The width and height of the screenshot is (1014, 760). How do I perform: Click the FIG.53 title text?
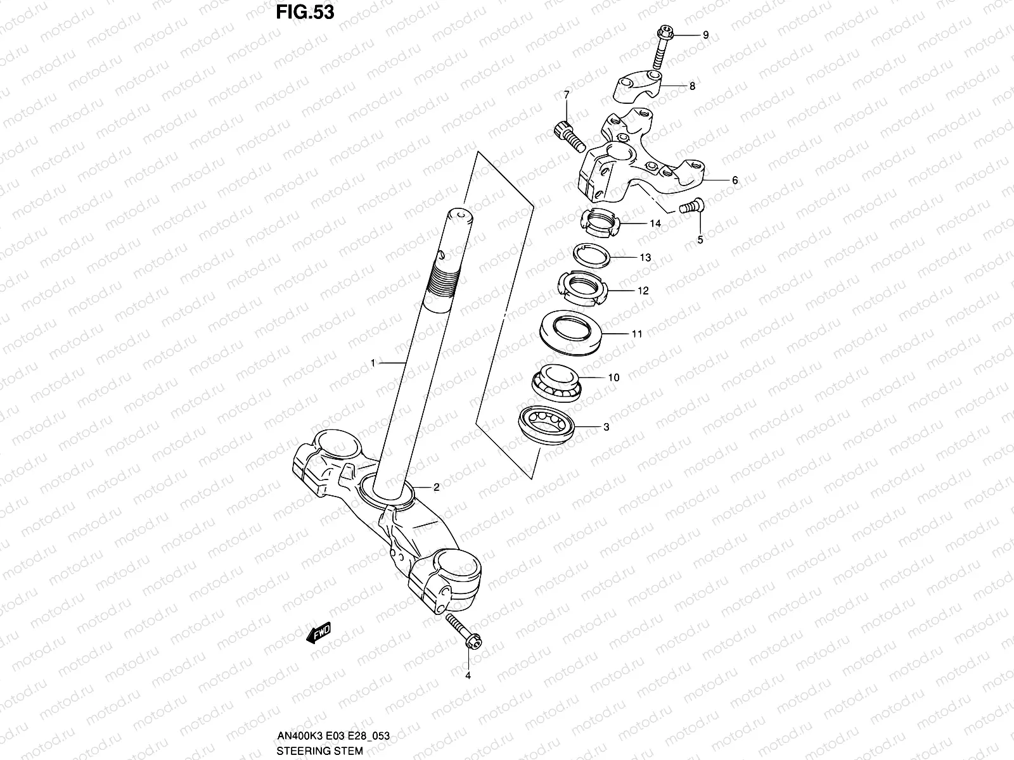click(x=305, y=13)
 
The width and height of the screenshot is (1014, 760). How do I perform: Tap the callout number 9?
click(x=705, y=35)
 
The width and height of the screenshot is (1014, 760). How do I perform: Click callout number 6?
click(x=735, y=180)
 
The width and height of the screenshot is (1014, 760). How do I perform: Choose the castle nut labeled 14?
click(x=599, y=224)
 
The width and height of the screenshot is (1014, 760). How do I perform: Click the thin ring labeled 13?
click(x=593, y=256)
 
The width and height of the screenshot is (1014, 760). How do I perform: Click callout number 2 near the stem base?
click(x=436, y=487)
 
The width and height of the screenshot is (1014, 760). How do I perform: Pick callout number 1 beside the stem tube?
click(x=373, y=363)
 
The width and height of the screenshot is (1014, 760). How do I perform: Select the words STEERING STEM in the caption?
click(x=320, y=751)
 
